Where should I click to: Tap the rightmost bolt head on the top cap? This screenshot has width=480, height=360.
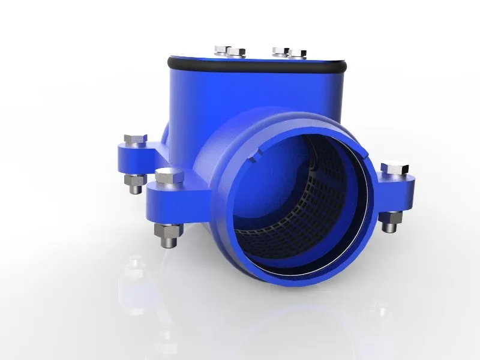(x=298, y=53)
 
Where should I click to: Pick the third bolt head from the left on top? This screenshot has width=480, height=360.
(x=280, y=50)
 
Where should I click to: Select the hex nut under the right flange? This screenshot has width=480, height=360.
(x=391, y=218)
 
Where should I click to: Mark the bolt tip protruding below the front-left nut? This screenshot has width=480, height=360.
(x=167, y=242)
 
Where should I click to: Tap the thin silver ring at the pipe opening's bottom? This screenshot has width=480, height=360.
(x=300, y=271)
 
